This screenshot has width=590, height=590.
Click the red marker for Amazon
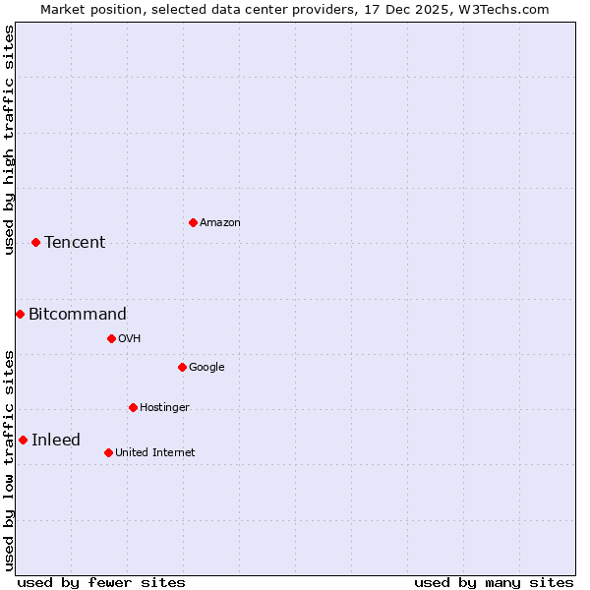[193, 222]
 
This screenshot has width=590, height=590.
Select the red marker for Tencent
[35, 242]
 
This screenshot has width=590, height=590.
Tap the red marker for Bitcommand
[20, 314]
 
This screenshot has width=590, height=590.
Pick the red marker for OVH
[111, 338]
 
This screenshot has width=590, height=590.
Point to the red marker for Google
[182, 367]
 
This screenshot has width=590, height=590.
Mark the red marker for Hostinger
[133, 407]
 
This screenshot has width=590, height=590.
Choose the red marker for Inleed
[23, 440]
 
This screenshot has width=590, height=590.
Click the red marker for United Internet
[108, 452]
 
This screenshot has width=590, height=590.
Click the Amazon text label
[220, 223]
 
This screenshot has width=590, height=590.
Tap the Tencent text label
[75, 243]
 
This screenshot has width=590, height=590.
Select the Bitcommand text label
[78, 315]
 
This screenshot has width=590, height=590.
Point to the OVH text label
[130, 339]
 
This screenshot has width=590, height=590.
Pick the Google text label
[206, 368]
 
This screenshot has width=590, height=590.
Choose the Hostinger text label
[164, 408]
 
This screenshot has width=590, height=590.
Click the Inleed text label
[56, 441]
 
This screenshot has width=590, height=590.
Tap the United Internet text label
[155, 453]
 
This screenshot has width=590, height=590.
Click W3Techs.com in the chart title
[501, 9]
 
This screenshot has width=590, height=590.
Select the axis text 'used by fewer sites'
[101, 582]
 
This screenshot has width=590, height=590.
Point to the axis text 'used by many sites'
[494, 582]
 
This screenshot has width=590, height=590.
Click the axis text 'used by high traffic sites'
[9, 140]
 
